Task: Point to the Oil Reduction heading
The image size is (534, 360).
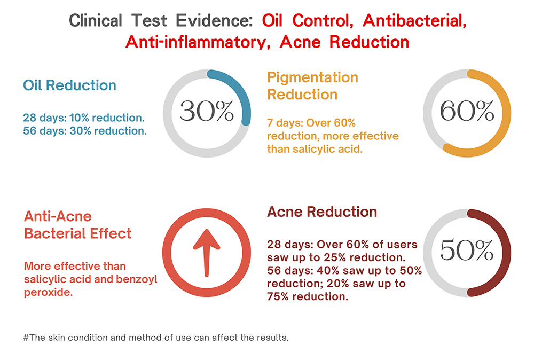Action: coord(69,85)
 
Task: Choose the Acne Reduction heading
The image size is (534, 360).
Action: coord(322,212)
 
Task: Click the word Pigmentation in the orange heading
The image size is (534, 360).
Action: coord(312,77)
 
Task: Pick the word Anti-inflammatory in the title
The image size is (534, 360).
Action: coord(194,41)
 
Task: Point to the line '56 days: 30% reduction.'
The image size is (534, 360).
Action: coord(84,131)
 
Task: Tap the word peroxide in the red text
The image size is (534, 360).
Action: coord(46,292)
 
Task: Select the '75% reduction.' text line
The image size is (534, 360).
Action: coord(307,297)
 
